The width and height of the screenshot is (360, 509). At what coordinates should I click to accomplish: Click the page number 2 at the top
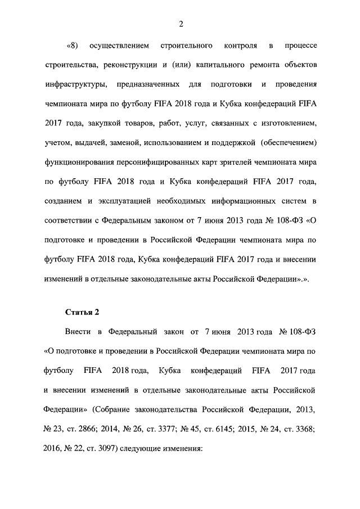pos(181,23)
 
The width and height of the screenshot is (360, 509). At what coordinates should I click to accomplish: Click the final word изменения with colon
pos(181,449)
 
